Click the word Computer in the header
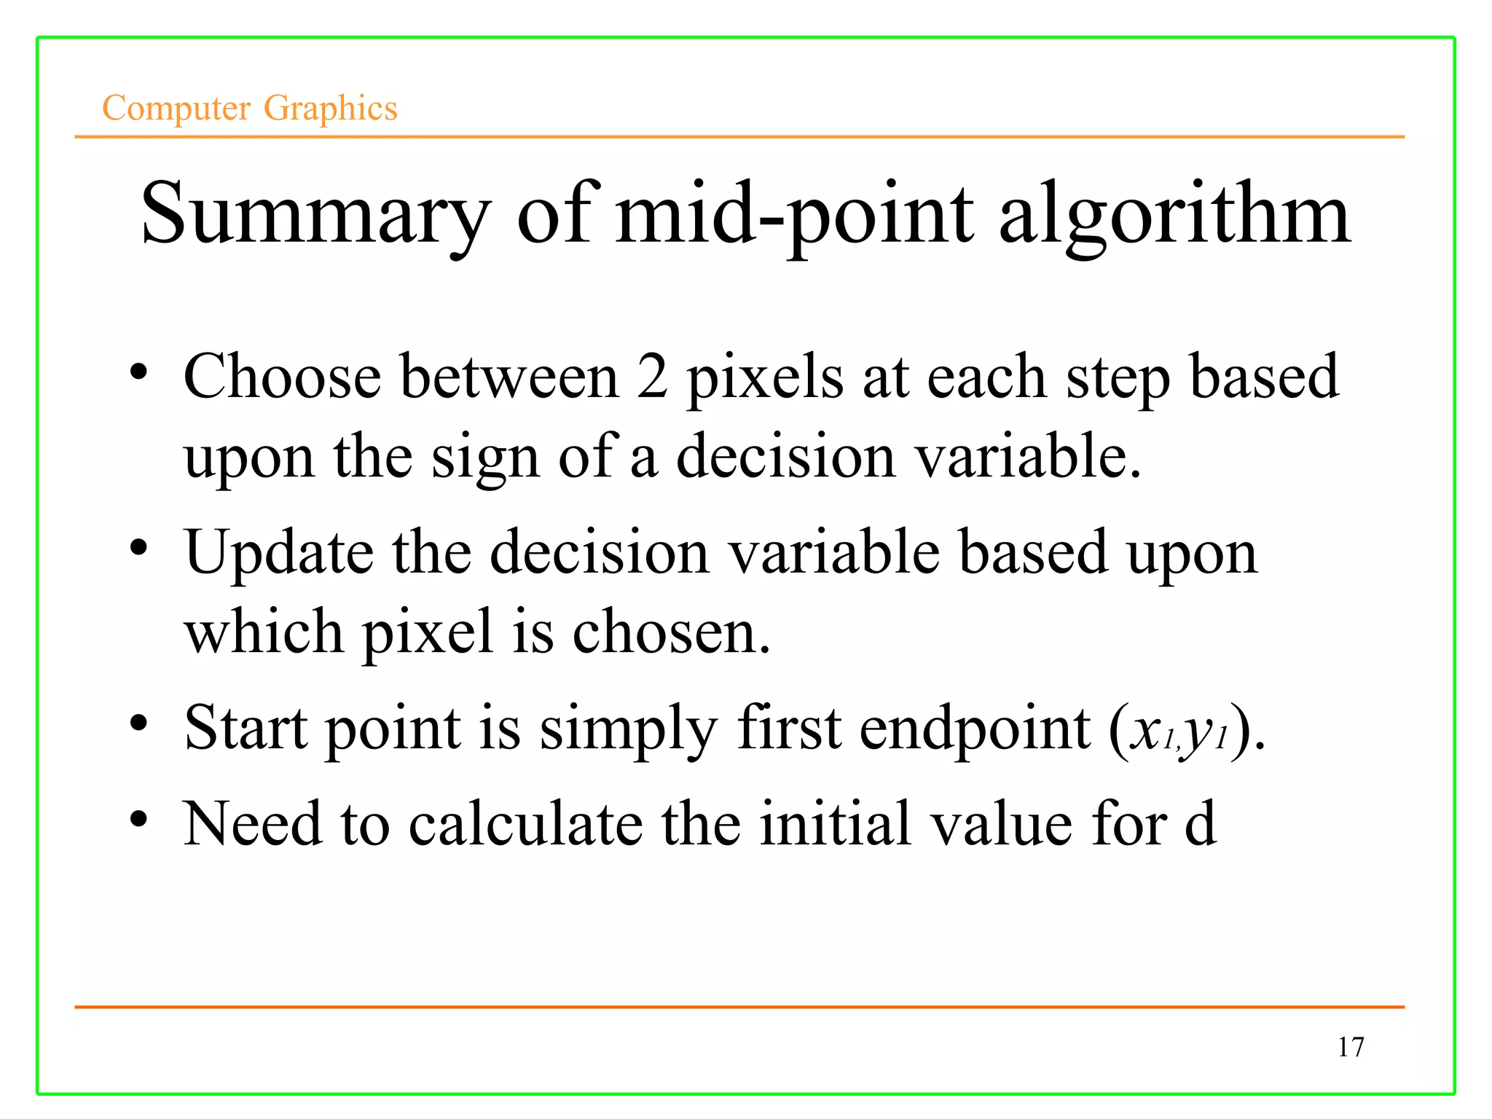click(x=176, y=109)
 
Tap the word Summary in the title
click(x=315, y=215)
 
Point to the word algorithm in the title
click(x=1174, y=215)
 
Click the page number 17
click(x=1350, y=1047)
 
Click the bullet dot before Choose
click(x=139, y=372)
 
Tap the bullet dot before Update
click(x=139, y=548)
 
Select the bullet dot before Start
click(x=139, y=723)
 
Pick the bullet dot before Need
click(x=139, y=820)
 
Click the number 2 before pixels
click(x=652, y=377)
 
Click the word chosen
click(x=670, y=632)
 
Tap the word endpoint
click(x=975, y=729)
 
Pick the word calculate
click(x=525, y=824)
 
